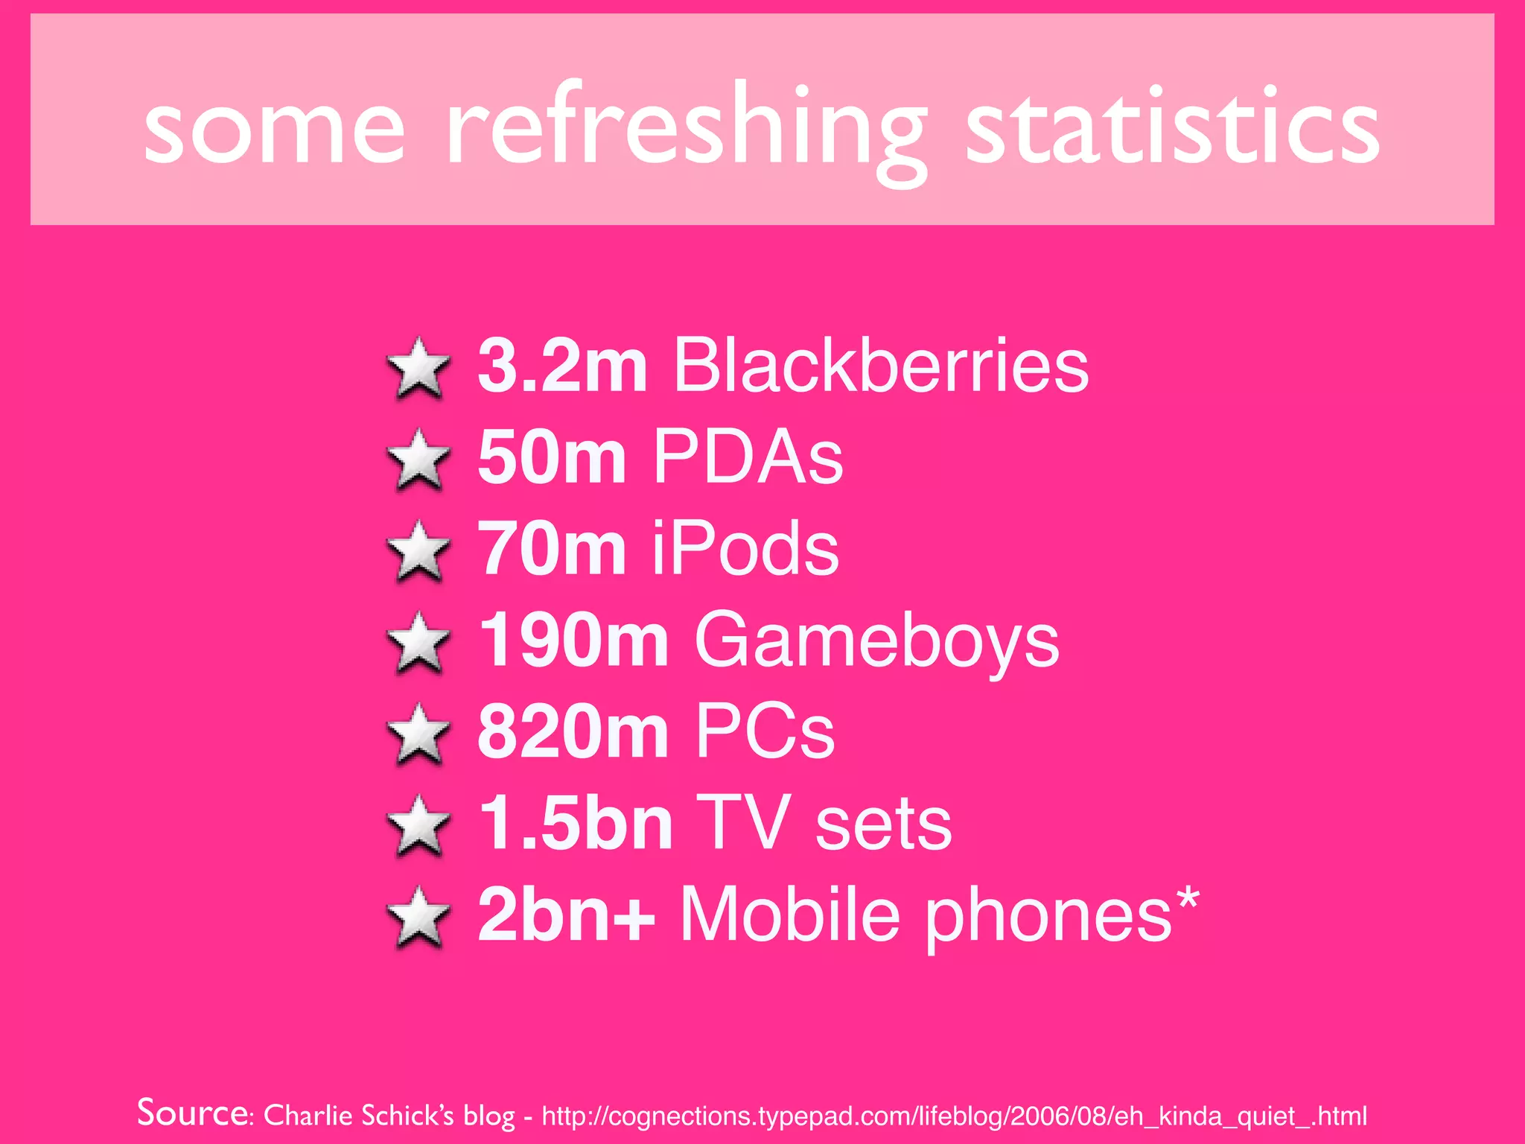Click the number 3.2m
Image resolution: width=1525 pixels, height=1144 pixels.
pos(562,366)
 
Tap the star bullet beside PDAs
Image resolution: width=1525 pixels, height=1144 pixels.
pos(419,459)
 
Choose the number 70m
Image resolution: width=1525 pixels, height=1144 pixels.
pos(551,549)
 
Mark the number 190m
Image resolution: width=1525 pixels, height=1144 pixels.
pos(573,641)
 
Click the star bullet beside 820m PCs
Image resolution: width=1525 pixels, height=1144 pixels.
pos(419,734)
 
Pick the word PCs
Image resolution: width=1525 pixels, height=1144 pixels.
pos(765,732)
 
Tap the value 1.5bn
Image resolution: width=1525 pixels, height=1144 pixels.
pos(575,824)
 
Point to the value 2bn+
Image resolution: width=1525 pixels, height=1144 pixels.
pos(566,915)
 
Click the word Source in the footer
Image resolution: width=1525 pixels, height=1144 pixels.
pos(193,1113)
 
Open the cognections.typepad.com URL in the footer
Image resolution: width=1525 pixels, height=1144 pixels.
pos(954,1116)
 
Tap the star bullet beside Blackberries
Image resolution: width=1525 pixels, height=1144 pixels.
pos(419,367)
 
